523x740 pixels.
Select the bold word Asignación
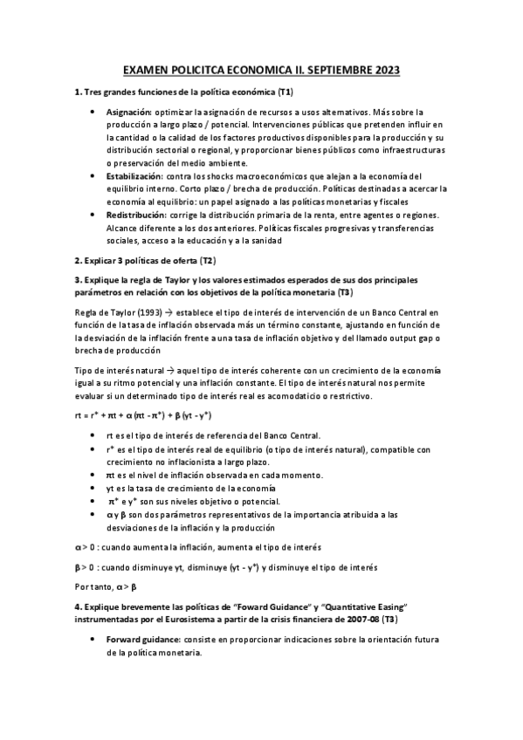pyautogui.click(x=129, y=113)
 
